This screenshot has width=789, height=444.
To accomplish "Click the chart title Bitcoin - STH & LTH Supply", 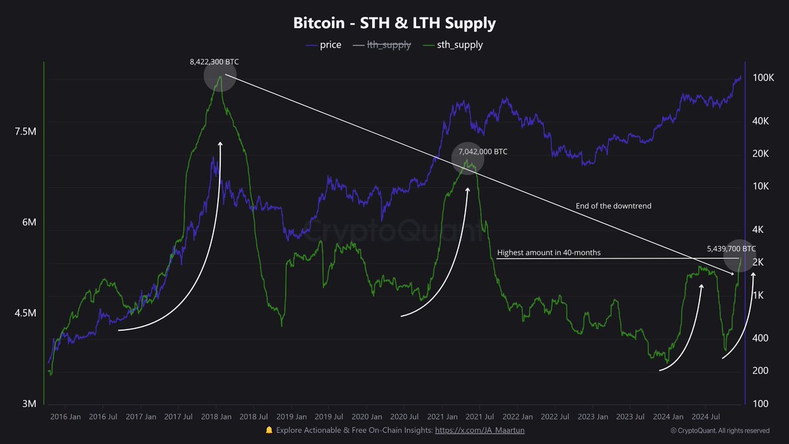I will pyautogui.click(x=394, y=24).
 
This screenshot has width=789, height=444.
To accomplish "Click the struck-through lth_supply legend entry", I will pyautogui.click(x=383, y=45).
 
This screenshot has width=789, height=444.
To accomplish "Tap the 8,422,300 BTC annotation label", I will pyautogui.click(x=214, y=61).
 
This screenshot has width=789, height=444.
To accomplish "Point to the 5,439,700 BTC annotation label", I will pyautogui.click(x=731, y=249).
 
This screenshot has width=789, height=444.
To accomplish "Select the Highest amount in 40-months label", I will pyautogui.click(x=548, y=253).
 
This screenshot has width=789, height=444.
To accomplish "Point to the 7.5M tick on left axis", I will pyautogui.click(x=24, y=132).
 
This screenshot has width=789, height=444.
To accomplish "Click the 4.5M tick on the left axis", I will pyautogui.click(x=24, y=313).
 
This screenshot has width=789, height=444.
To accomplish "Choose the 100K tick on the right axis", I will pyautogui.click(x=763, y=78).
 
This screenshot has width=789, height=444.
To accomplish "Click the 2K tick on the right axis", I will pyautogui.click(x=758, y=262).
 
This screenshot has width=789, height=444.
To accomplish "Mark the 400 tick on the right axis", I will pyautogui.click(x=759, y=338).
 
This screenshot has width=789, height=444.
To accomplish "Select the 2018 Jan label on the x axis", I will pyautogui.click(x=216, y=416).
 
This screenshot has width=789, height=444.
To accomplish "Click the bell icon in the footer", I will pyautogui.click(x=269, y=430).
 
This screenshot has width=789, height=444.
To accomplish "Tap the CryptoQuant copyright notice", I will pyautogui.click(x=720, y=431).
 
